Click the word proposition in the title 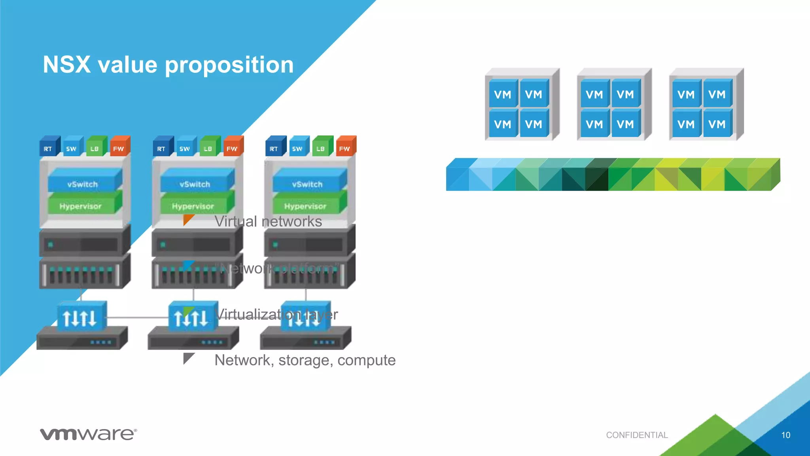[x=229, y=65]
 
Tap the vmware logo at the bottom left [x=88, y=434]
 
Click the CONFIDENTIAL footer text [x=637, y=435]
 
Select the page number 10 [x=785, y=435]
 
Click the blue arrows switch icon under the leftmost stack [x=81, y=317]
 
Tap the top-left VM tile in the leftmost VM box [x=503, y=94]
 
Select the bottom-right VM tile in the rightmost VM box [x=717, y=124]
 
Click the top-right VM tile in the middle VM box [x=625, y=94]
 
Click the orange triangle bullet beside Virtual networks [x=188, y=219]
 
